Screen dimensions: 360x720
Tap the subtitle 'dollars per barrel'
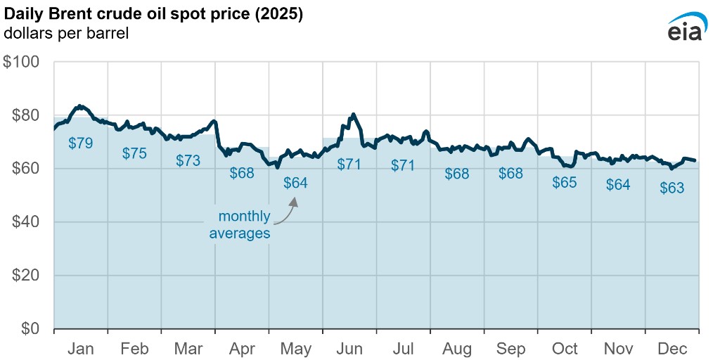(66, 34)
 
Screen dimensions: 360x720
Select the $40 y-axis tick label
(27, 222)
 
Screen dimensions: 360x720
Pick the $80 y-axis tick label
(27, 115)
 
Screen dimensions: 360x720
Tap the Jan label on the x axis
(81, 349)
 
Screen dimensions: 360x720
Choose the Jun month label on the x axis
(349, 349)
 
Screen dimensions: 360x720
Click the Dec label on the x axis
(671, 349)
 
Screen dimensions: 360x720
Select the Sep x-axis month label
(510, 349)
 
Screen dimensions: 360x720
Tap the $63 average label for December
(671, 188)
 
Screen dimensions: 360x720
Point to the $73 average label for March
(188, 160)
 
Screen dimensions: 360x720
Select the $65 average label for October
(564, 183)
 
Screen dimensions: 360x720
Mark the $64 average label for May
(295, 183)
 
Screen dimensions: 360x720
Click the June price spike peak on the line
(353, 114)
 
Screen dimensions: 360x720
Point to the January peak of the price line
(79, 106)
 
